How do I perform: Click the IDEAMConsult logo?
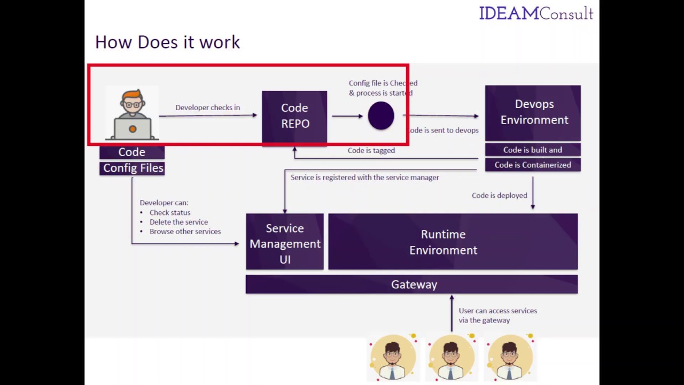pos(536,13)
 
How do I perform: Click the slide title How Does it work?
pos(167,42)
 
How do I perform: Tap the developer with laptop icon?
pos(132,114)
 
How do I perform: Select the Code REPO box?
pos(294,116)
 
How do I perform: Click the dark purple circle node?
pos(381,115)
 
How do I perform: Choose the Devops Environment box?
pos(533,112)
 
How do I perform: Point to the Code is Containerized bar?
pos(533,165)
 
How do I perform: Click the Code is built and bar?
pos(533,150)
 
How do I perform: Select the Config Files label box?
pos(133,168)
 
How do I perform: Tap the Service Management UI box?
pos(285,243)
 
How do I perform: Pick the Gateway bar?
pos(411,284)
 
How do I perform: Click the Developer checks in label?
pos(207,107)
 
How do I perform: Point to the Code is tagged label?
pos(371,150)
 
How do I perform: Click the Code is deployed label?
pos(499,195)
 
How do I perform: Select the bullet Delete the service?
pos(178,222)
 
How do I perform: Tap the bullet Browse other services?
pos(185,232)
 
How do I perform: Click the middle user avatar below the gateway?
pos(451,357)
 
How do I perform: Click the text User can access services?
pos(498,311)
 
